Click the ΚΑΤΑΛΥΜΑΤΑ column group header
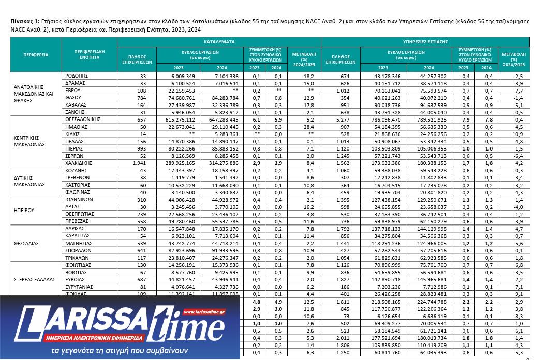(x=219, y=41)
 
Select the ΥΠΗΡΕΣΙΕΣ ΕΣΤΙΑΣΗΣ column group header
(x=425, y=41)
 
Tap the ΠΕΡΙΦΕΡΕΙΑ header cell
(x=36, y=54)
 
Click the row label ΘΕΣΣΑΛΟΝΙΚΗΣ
(x=83, y=119)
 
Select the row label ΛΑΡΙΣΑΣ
(x=75, y=228)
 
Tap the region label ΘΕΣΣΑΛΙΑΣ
(x=26, y=243)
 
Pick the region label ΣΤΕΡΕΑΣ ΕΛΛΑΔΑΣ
(x=34, y=279)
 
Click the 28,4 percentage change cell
(x=309, y=127)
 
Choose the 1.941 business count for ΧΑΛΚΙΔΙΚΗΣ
(x=139, y=163)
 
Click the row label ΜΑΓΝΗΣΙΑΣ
(x=79, y=243)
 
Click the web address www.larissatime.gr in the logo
(x=204, y=312)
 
